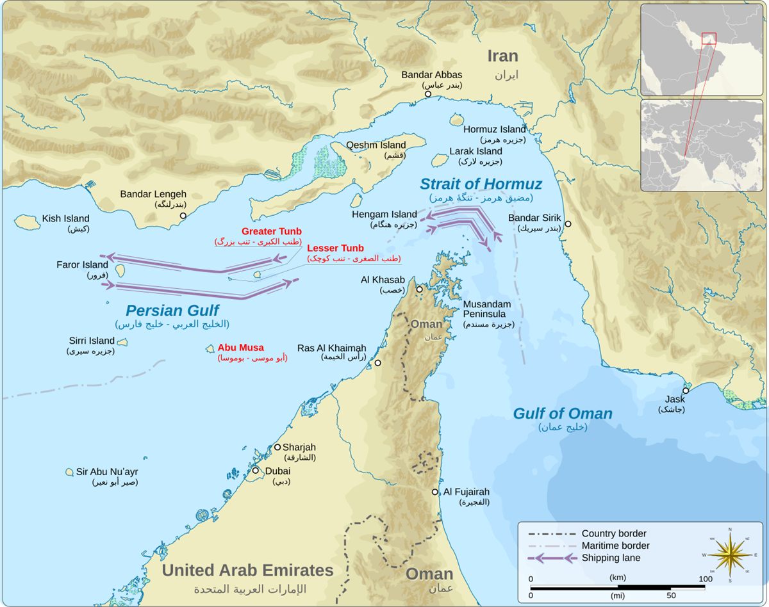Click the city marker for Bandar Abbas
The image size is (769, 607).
(x=428, y=94)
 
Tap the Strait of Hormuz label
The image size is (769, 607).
(x=481, y=184)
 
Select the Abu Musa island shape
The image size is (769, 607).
(x=210, y=349)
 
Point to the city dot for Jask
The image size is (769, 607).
(x=686, y=391)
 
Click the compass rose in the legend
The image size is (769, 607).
(x=729, y=555)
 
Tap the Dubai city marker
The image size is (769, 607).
(x=255, y=471)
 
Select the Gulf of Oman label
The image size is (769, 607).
(x=563, y=414)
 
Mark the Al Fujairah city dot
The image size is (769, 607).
(x=435, y=492)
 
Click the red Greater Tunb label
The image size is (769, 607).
(x=271, y=231)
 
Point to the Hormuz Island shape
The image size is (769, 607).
(x=457, y=120)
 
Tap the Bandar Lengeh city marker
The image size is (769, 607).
(x=183, y=216)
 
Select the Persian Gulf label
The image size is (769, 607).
(x=172, y=311)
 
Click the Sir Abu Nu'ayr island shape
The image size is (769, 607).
(x=69, y=472)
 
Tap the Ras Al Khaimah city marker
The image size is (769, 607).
(x=377, y=363)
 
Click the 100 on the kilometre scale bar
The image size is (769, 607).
(x=705, y=579)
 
